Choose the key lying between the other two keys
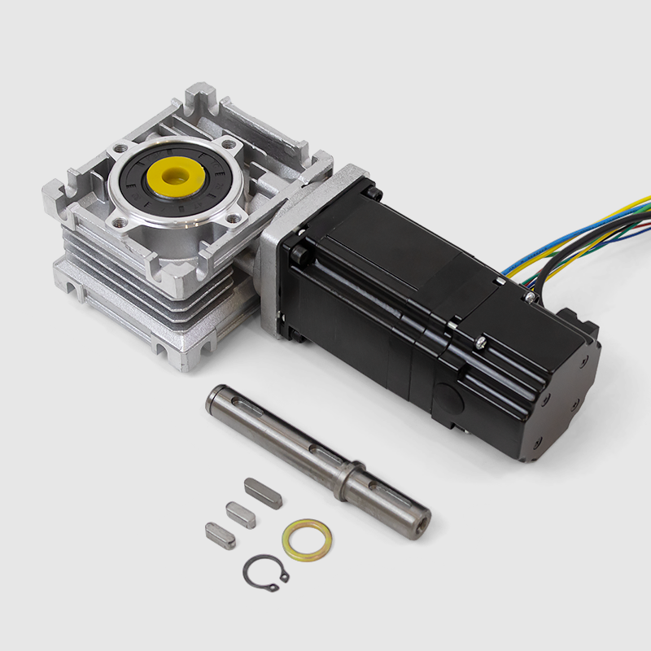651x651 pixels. point(240,514)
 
